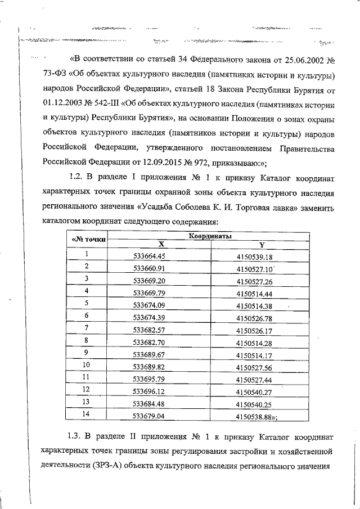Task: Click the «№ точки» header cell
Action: [87, 241]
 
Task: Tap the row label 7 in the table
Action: [87, 328]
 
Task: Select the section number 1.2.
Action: [76, 178]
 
